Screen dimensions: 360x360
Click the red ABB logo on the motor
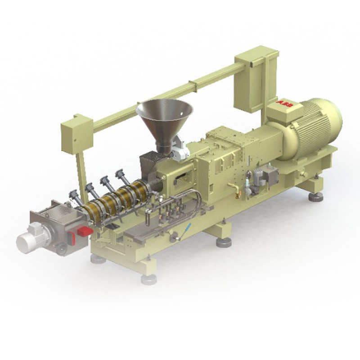pyautogui.click(x=285, y=104)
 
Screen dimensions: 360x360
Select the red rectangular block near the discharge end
pyautogui.click(x=85, y=232)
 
